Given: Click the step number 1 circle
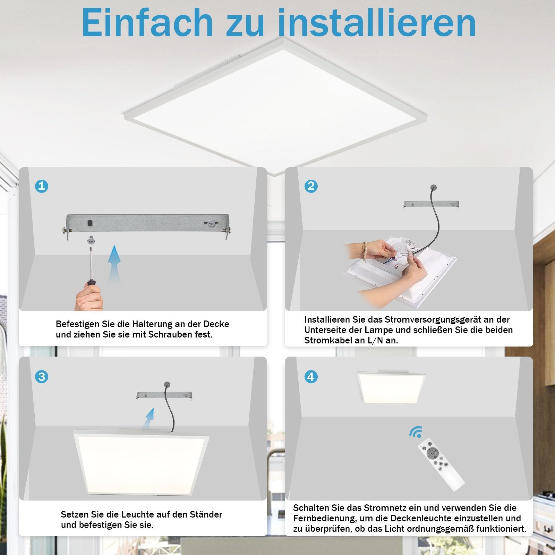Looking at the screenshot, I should point(42,186).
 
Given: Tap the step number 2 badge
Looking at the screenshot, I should point(311,186).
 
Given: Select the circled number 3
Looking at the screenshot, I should point(42,377).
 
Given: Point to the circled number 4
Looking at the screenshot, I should point(311,377).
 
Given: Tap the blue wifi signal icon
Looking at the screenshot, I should point(416,432).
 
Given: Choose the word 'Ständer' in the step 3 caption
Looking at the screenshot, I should point(205,514).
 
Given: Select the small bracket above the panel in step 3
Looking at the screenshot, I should point(164,395).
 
